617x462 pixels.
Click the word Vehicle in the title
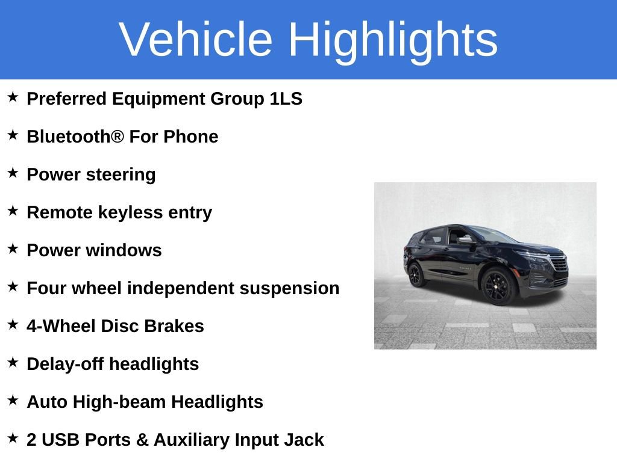pyautogui.click(x=196, y=40)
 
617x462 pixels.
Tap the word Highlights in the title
pyautogui.click(x=393, y=40)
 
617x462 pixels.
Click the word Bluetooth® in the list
pyautogui.click(x=75, y=137)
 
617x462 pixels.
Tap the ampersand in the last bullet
pyautogui.click(x=142, y=440)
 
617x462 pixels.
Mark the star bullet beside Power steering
pyautogui.click(x=13, y=173)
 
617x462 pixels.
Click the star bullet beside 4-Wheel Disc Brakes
pyautogui.click(x=13, y=325)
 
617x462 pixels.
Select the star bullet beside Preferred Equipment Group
pyautogui.click(x=13, y=97)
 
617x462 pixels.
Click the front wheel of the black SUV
pyautogui.click(x=498, y=286)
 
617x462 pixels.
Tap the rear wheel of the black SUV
pyautogui.click(x=416, y=275)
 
